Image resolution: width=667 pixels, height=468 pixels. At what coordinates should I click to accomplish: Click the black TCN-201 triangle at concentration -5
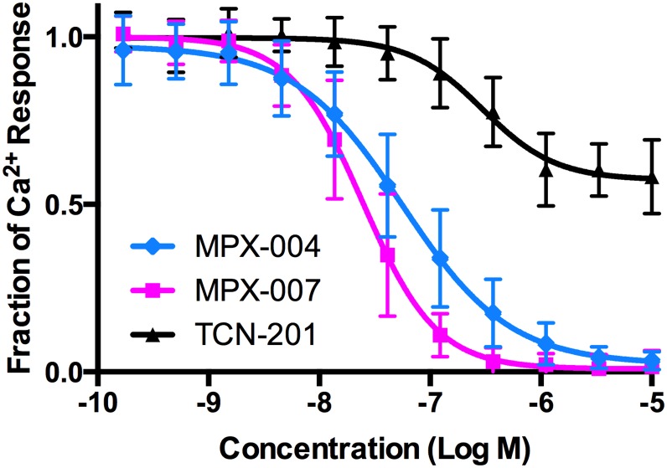coord(651,178)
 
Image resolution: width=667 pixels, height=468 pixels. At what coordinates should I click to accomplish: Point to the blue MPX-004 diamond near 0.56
coord(387,185)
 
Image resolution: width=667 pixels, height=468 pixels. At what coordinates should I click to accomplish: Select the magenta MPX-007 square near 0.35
coord(387,255)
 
